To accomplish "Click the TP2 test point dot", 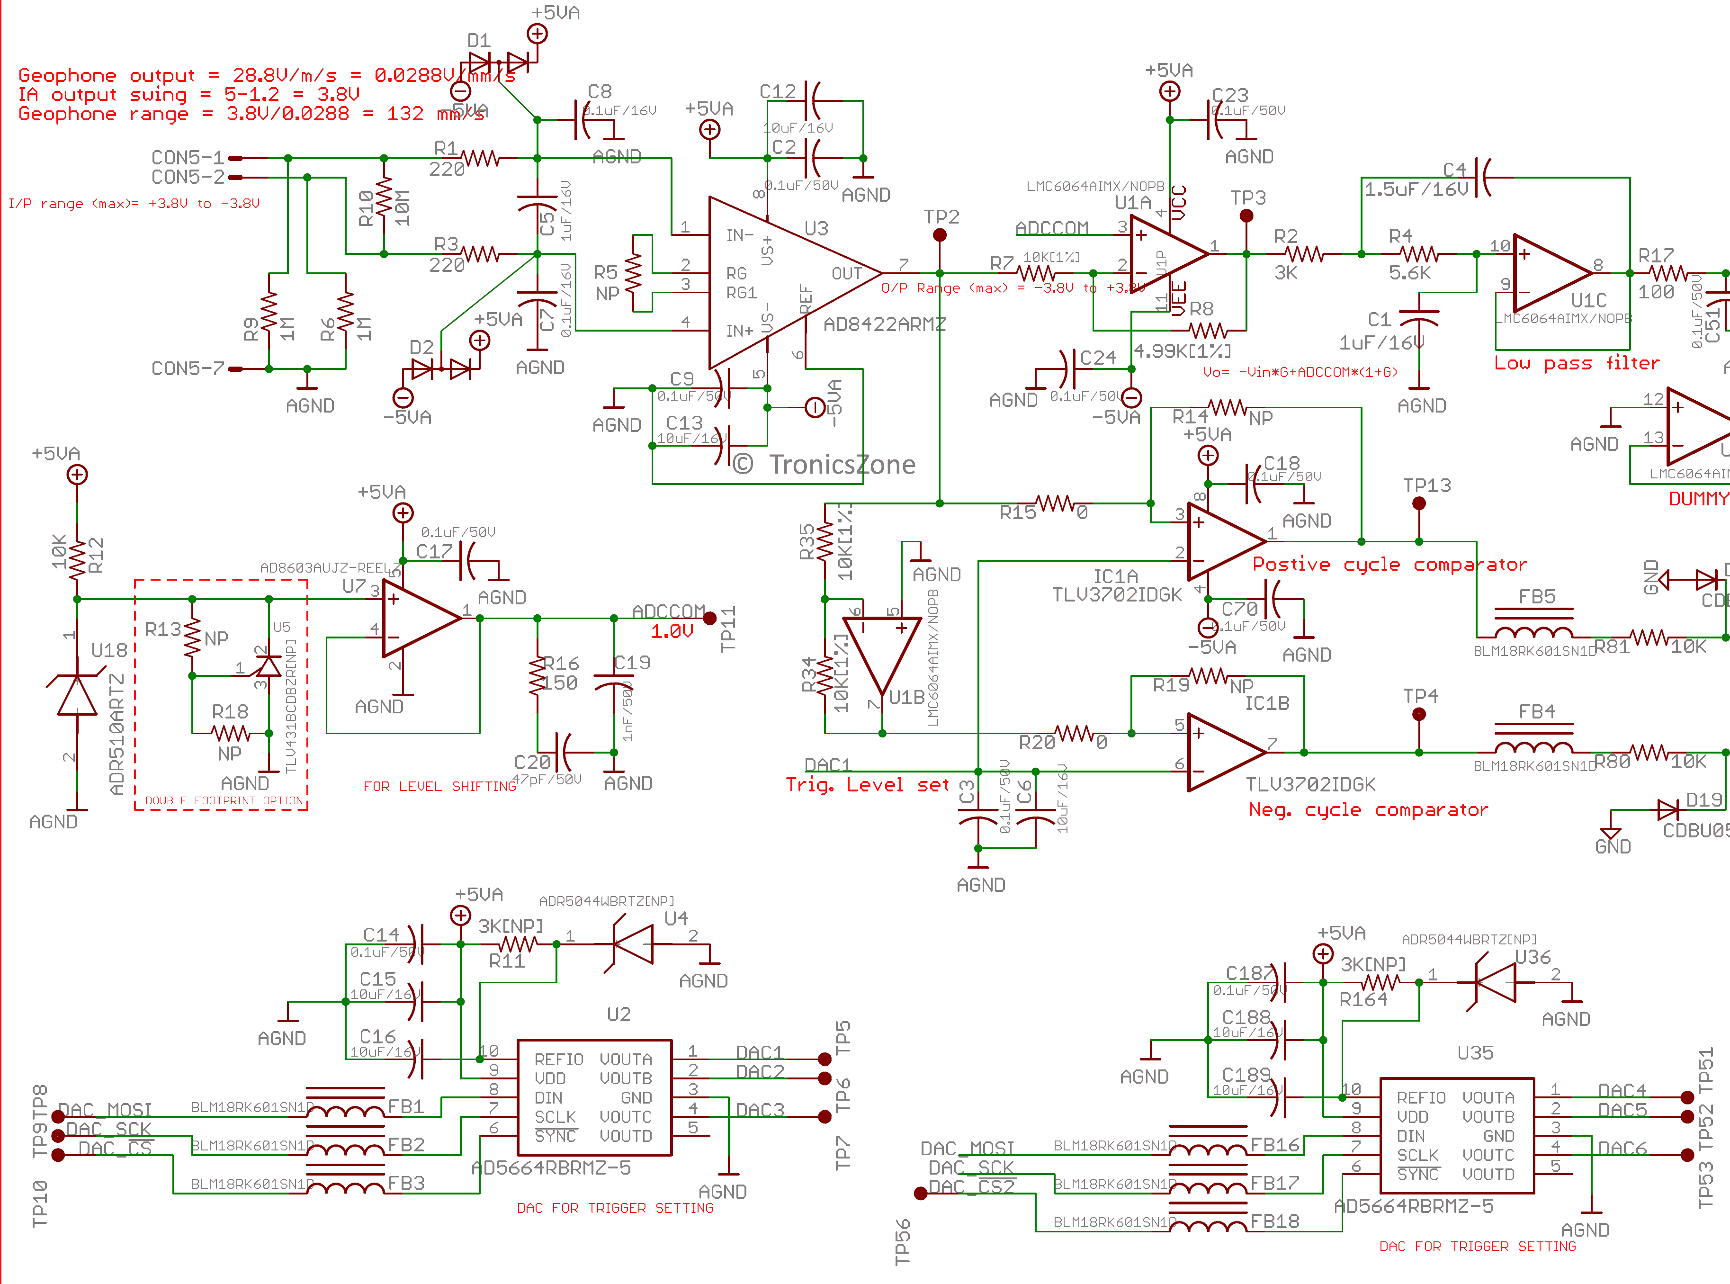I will coord(940,235).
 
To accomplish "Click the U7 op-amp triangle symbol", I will coord(420,619).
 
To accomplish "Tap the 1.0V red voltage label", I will coord(672,631).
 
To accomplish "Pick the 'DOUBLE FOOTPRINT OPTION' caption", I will coord(224,800).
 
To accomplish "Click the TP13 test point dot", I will coord(1419,503).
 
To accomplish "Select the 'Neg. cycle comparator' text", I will coord(1367,810).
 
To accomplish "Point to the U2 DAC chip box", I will coord(594,1097).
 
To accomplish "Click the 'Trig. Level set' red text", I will coord(867,785).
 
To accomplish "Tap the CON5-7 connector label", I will coord(187,368).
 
